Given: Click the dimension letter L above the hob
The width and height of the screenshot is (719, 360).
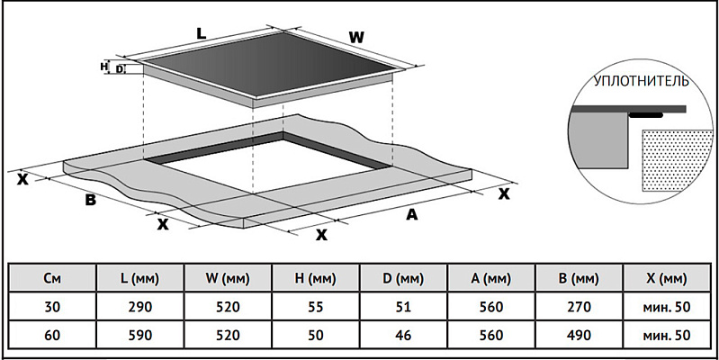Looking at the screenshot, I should pos(202,31).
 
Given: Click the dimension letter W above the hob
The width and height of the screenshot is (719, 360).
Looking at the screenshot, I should pos(356,37).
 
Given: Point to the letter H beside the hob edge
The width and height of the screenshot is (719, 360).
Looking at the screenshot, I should pos(103,67).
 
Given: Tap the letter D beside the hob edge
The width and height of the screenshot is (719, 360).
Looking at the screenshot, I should pos(120,67).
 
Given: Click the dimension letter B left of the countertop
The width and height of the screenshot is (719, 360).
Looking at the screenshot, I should pos(90,200).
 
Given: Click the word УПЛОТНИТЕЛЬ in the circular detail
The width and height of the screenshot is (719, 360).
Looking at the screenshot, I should pos(641,81).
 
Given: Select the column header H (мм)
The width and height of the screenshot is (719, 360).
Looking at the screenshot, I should pos(314,278).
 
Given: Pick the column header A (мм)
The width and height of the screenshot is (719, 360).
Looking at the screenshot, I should pos(490,278).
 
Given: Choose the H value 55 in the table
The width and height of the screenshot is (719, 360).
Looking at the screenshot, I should pos(315,307).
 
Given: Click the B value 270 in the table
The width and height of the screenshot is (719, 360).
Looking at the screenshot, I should pos(579,307).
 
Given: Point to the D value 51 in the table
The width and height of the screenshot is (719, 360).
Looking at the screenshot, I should pos(402,307).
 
